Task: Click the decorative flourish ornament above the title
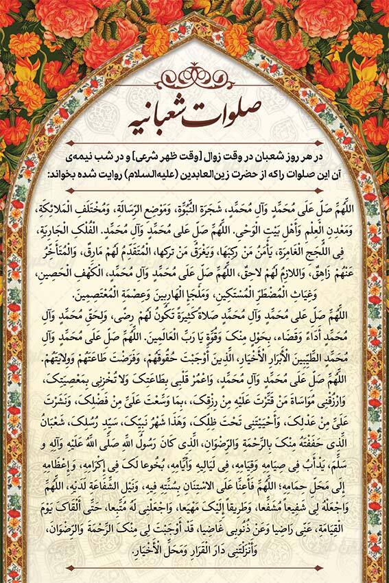coord(195,75)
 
